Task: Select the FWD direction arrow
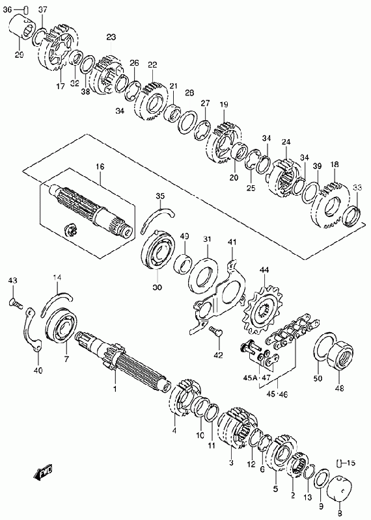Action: tap(43, 471)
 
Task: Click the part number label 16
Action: tap(100, 166)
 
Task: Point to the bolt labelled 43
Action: tap(15, 302)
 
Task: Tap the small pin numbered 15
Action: tap(339, 463)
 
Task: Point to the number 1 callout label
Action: tap(115, 388)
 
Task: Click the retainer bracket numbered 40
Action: tap(32, 330)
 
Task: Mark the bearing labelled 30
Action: tap(158, 247)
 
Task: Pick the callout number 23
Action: tap(111, 37)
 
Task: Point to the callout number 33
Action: tap(357, 188)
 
